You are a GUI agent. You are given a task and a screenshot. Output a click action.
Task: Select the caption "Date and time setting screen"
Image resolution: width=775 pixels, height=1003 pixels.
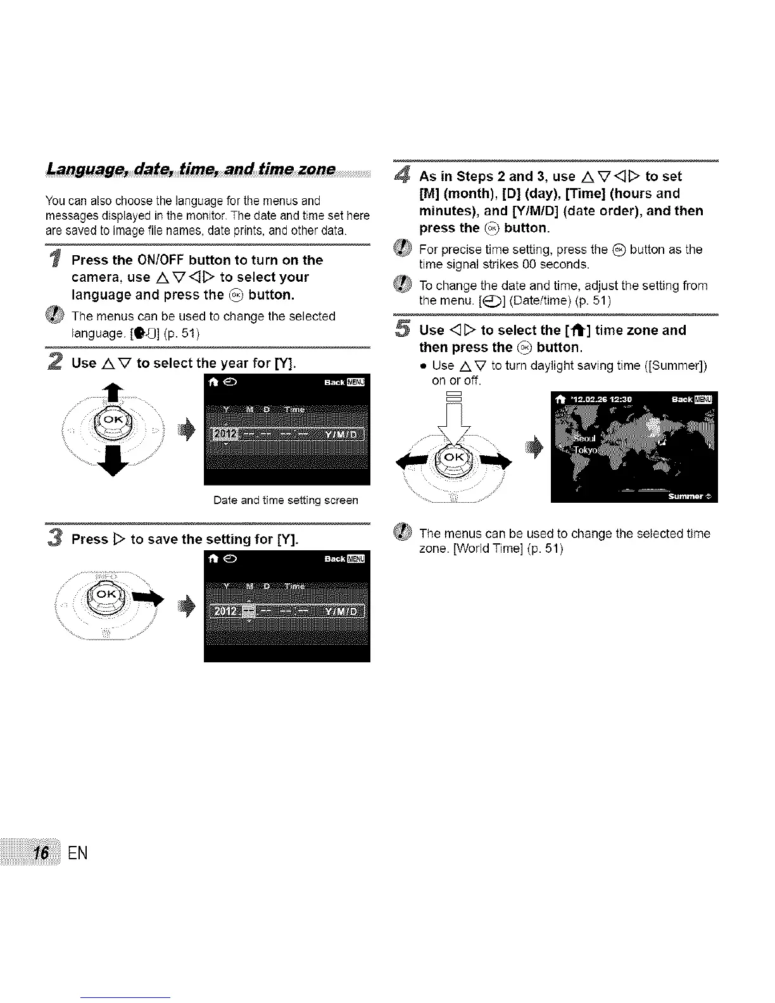(x=286, y=500)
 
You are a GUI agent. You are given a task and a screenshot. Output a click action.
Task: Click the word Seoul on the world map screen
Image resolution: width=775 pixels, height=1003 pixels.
(x=583, y=439)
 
